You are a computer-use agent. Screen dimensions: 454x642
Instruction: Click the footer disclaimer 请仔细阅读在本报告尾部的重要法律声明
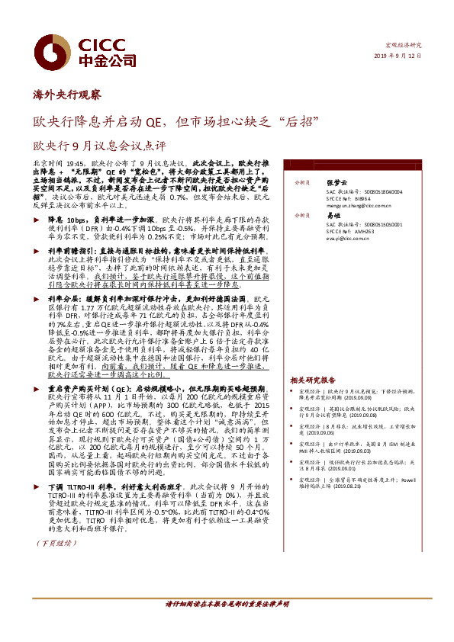point(227,604)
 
